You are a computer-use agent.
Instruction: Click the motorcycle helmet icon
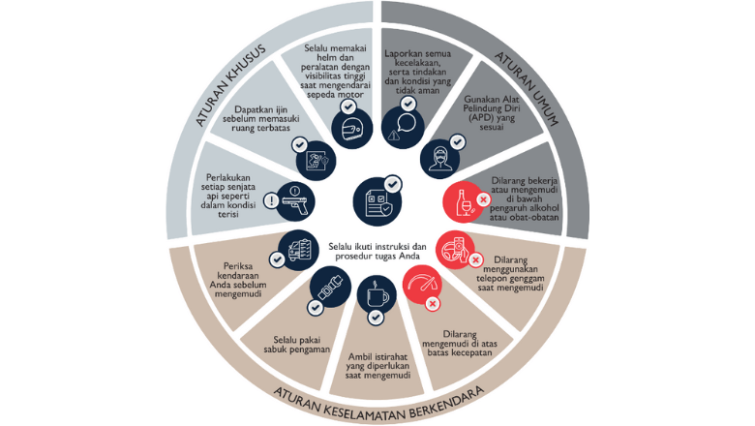click(x=348, y=126)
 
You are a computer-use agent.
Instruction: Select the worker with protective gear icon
click(x=437, y=158)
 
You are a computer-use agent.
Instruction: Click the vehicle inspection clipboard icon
click(x=295, y=247)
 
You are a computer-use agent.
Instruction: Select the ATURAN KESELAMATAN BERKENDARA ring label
click(x=377, y=392)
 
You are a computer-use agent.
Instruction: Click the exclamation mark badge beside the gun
click(x=272, y=201)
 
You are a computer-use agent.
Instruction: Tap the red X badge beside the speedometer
click(x=433, y=304)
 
